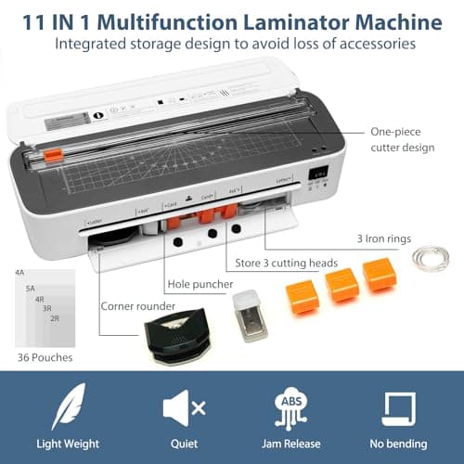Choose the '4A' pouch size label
(19, 272)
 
